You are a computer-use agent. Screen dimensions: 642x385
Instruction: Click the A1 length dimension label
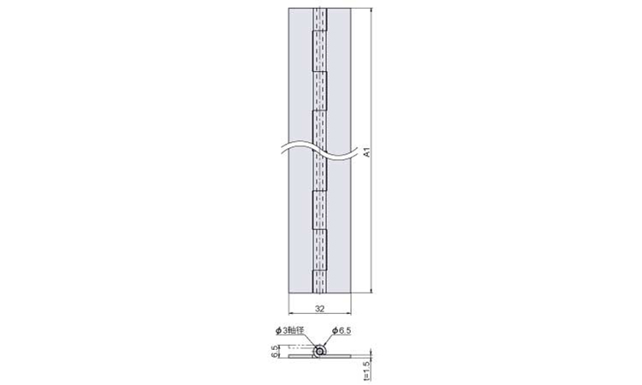367,152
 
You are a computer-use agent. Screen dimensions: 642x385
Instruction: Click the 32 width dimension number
320,309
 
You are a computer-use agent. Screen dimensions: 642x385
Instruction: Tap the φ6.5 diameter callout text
342,330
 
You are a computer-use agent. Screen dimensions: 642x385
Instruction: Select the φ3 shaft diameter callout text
290,330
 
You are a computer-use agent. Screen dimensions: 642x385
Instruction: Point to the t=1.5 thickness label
366,370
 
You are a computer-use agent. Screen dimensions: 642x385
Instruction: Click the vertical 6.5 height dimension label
275,352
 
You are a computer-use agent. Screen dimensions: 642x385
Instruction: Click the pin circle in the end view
319,352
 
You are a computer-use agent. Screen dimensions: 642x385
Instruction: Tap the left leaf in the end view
302,357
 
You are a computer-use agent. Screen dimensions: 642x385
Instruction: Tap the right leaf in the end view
338,355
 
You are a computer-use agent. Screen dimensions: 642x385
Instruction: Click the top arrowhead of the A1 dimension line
372,10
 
